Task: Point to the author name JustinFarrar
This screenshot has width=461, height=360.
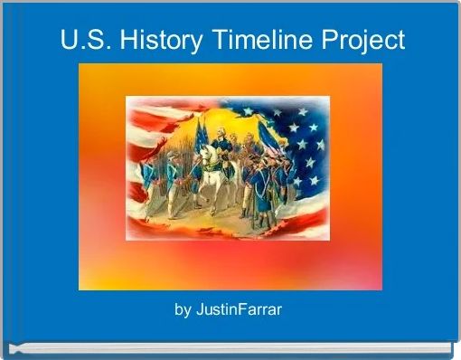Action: click(239, 310)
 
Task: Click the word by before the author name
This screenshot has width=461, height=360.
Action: click(183, 311)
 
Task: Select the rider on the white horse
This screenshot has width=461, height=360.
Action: click(221, 145)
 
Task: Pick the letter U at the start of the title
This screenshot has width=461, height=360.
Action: click(69, 40)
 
